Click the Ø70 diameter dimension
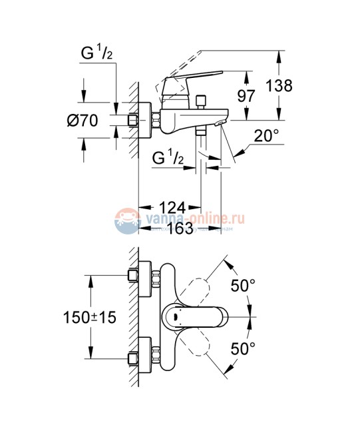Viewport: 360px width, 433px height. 84,121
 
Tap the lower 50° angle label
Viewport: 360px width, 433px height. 242,347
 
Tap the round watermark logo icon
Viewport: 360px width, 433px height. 126,220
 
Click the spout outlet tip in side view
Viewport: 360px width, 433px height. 221,125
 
